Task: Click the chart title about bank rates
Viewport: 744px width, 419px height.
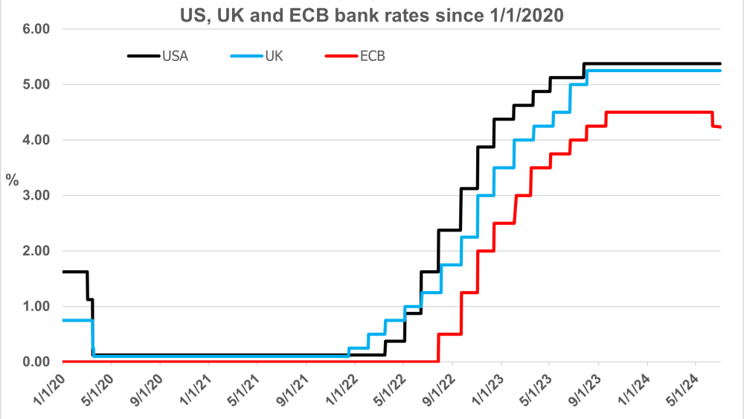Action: (372, 13)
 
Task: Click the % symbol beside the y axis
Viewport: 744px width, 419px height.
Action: (13, 181)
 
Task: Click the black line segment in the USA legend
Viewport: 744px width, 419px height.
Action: (143, 56)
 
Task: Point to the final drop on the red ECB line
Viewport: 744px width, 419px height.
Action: (713, 120)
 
